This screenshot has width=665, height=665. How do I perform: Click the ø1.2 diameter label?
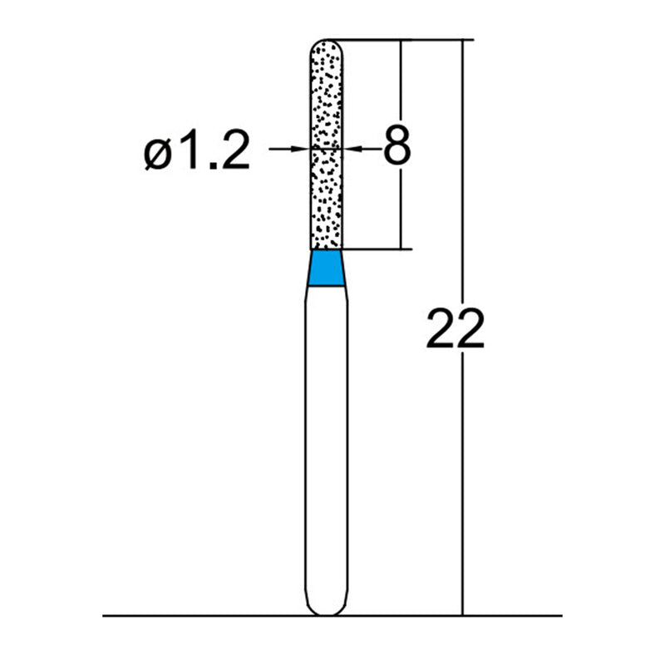197,152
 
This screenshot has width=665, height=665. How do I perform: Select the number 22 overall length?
454,328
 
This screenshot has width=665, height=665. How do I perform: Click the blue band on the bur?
326,268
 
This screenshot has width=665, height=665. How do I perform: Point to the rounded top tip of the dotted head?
327,41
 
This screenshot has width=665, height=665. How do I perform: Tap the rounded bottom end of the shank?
326,611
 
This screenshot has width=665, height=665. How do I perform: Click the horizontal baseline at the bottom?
208,616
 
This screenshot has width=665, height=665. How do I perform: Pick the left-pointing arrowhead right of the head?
349,149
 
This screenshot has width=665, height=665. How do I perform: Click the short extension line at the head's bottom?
374,249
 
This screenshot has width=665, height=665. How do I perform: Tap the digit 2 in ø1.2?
233,152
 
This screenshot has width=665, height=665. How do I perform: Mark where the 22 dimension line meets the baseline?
461,616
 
